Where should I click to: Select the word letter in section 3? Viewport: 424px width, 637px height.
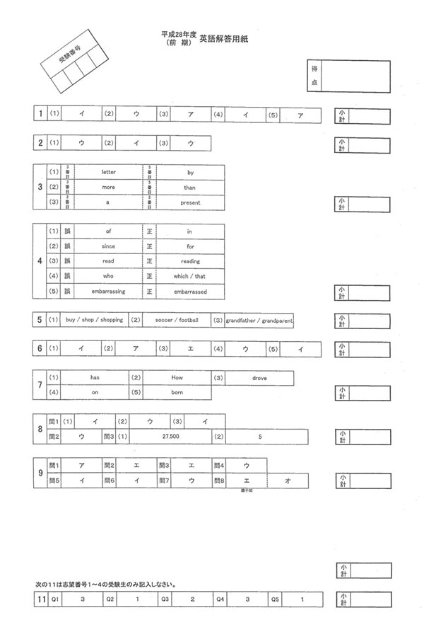[108, 172]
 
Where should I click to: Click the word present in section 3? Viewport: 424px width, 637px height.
[190, 202]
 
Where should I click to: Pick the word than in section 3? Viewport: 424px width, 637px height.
[190, 188]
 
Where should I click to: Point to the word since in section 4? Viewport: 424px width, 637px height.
[108, 246]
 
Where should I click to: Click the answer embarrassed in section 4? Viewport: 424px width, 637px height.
[190, 292]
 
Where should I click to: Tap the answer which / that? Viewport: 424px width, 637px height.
[190, 277]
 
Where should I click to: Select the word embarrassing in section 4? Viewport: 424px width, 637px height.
[108, 292]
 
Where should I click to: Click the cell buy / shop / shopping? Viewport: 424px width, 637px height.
[93, 320]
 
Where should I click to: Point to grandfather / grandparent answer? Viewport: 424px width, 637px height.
[259, 320]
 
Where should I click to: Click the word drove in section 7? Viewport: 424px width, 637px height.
[259, 378]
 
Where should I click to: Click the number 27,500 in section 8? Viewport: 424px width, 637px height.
[170, 437]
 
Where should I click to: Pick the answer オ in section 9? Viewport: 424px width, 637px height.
[288, 481]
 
